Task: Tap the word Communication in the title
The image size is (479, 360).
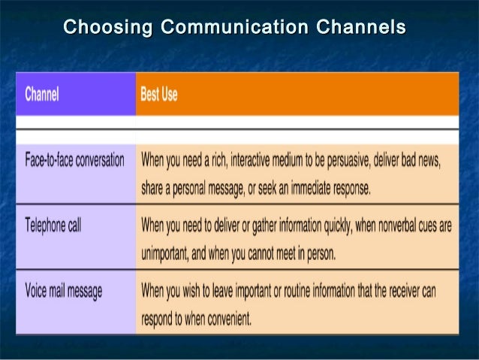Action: tap(235, 29)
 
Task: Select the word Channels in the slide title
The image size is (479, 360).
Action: tap(361, 29)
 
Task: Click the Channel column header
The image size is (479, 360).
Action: tap(42, 95)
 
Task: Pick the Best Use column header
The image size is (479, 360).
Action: tap(159, 95)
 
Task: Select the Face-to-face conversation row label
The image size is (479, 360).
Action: tap(74, 161)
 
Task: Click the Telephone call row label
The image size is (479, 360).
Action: tap(53, 225)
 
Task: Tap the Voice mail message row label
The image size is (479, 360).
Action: tap(63, 290)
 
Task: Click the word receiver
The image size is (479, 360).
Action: tap(411, 290)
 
